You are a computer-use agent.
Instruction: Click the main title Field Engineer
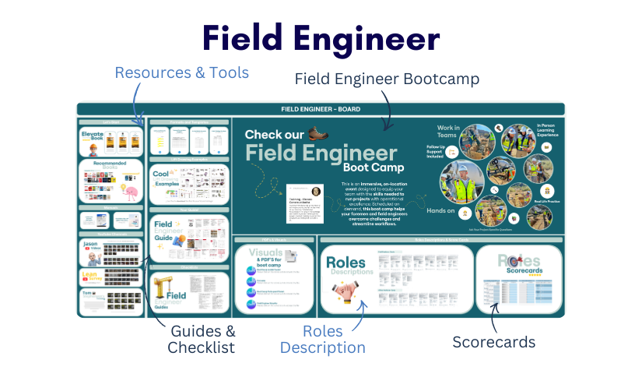pos(321,38)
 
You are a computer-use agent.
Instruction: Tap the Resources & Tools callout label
pos(181,72)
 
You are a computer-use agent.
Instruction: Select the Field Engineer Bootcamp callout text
pos(386,79)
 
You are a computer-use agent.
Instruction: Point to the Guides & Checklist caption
pos(201,340)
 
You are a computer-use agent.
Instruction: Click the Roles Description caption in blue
pos(322,340)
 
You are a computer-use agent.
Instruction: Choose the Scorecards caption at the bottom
pos(494,341)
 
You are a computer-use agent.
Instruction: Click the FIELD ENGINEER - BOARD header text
pos(321,109)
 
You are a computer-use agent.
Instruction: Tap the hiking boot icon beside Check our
pos(318,132)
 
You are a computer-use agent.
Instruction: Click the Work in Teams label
pos(448,132)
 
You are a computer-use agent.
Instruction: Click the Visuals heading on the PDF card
pos(265,254)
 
